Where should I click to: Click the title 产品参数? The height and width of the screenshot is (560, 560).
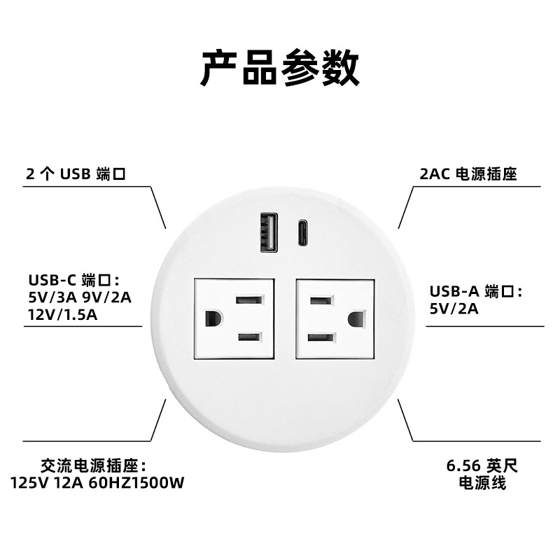coord(280,68)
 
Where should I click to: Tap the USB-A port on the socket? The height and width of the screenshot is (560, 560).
coord(266,232)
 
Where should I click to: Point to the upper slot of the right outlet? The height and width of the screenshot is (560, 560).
coord(319,301)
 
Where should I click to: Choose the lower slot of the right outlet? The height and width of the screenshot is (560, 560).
coord(319,337)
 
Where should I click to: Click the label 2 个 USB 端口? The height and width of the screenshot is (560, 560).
coord(76,174)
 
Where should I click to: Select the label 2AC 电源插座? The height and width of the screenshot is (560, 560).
coord(468,174)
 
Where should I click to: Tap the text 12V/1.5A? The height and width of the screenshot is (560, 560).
coord(63,314)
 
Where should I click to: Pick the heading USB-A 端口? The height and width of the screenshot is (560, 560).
coord(477,291)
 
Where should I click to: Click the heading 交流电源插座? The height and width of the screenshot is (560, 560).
coord(92,465)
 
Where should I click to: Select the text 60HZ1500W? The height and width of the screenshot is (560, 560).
coord(136,483)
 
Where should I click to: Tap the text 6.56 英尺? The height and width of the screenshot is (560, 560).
coord(482,466)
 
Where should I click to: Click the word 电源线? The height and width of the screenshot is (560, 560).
coord(482,483)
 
